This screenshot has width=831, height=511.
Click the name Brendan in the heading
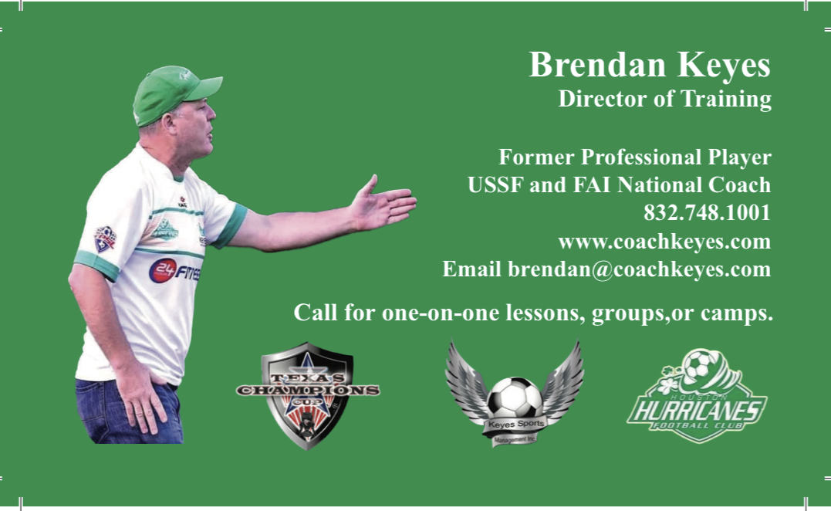[x=597, y=65]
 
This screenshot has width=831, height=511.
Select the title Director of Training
[x=664, y=99]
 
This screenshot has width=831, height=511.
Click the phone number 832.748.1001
[x=707, y=212]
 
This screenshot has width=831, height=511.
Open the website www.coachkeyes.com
[x=664, y=241]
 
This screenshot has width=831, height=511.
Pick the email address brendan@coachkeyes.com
[x=639, y=269]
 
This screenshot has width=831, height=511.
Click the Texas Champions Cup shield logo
[x=307, y=394]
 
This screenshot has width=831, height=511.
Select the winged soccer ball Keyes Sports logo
[x=515, y=398]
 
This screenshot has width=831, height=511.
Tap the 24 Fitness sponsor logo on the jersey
[x=174, y=271]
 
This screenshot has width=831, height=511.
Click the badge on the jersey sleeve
[x=105, y=239]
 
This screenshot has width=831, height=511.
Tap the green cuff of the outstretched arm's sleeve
[x=231, y=225]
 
